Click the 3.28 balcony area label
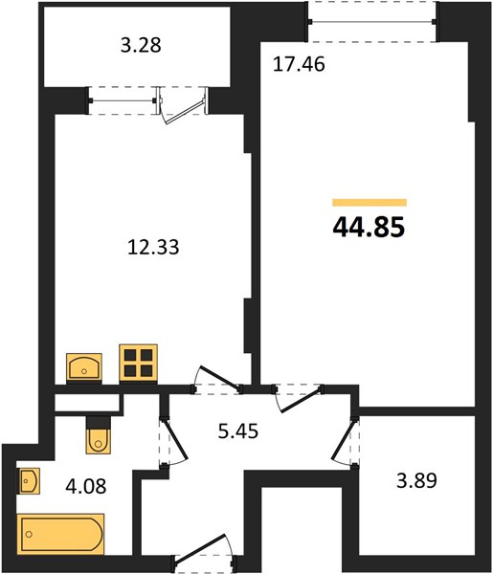(141, 46)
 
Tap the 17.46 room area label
(299, 64)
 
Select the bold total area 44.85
(369, 227)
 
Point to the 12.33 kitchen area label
(153, 247)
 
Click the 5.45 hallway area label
(238, 430)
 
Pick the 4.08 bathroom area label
(86, 487)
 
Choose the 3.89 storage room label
(416, 480)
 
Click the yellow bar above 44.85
(370, 203)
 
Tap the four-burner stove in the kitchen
(139, 363)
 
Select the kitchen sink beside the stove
(84, 366)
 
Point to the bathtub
(60, 534)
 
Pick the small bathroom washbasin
(28, 481)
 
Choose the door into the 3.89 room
(345, 441)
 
